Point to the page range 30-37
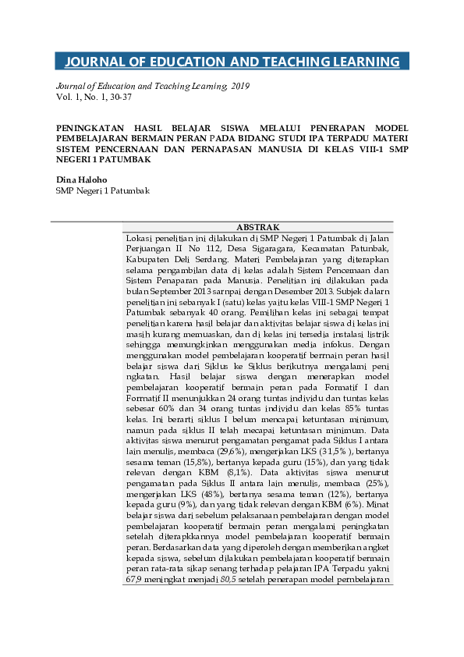[119, 98]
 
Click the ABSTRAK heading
[257, 227]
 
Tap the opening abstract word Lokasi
[140, 237]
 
